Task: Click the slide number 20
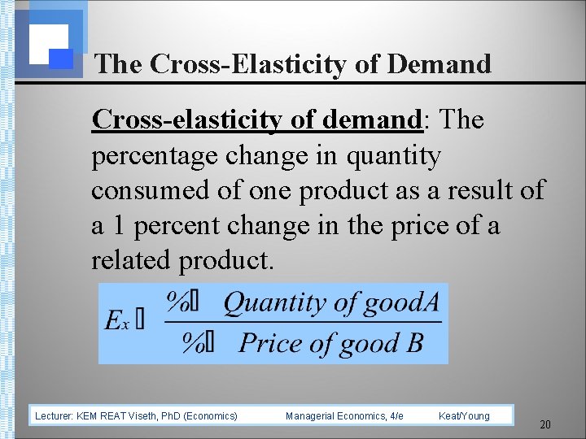(545, 425)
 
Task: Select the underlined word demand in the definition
(373, 120)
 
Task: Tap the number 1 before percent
(120, 225)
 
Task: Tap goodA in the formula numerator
(402, 303)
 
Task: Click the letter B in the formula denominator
(414, 343)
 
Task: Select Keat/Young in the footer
(464, 416)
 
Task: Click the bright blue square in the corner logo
(61, 59)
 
